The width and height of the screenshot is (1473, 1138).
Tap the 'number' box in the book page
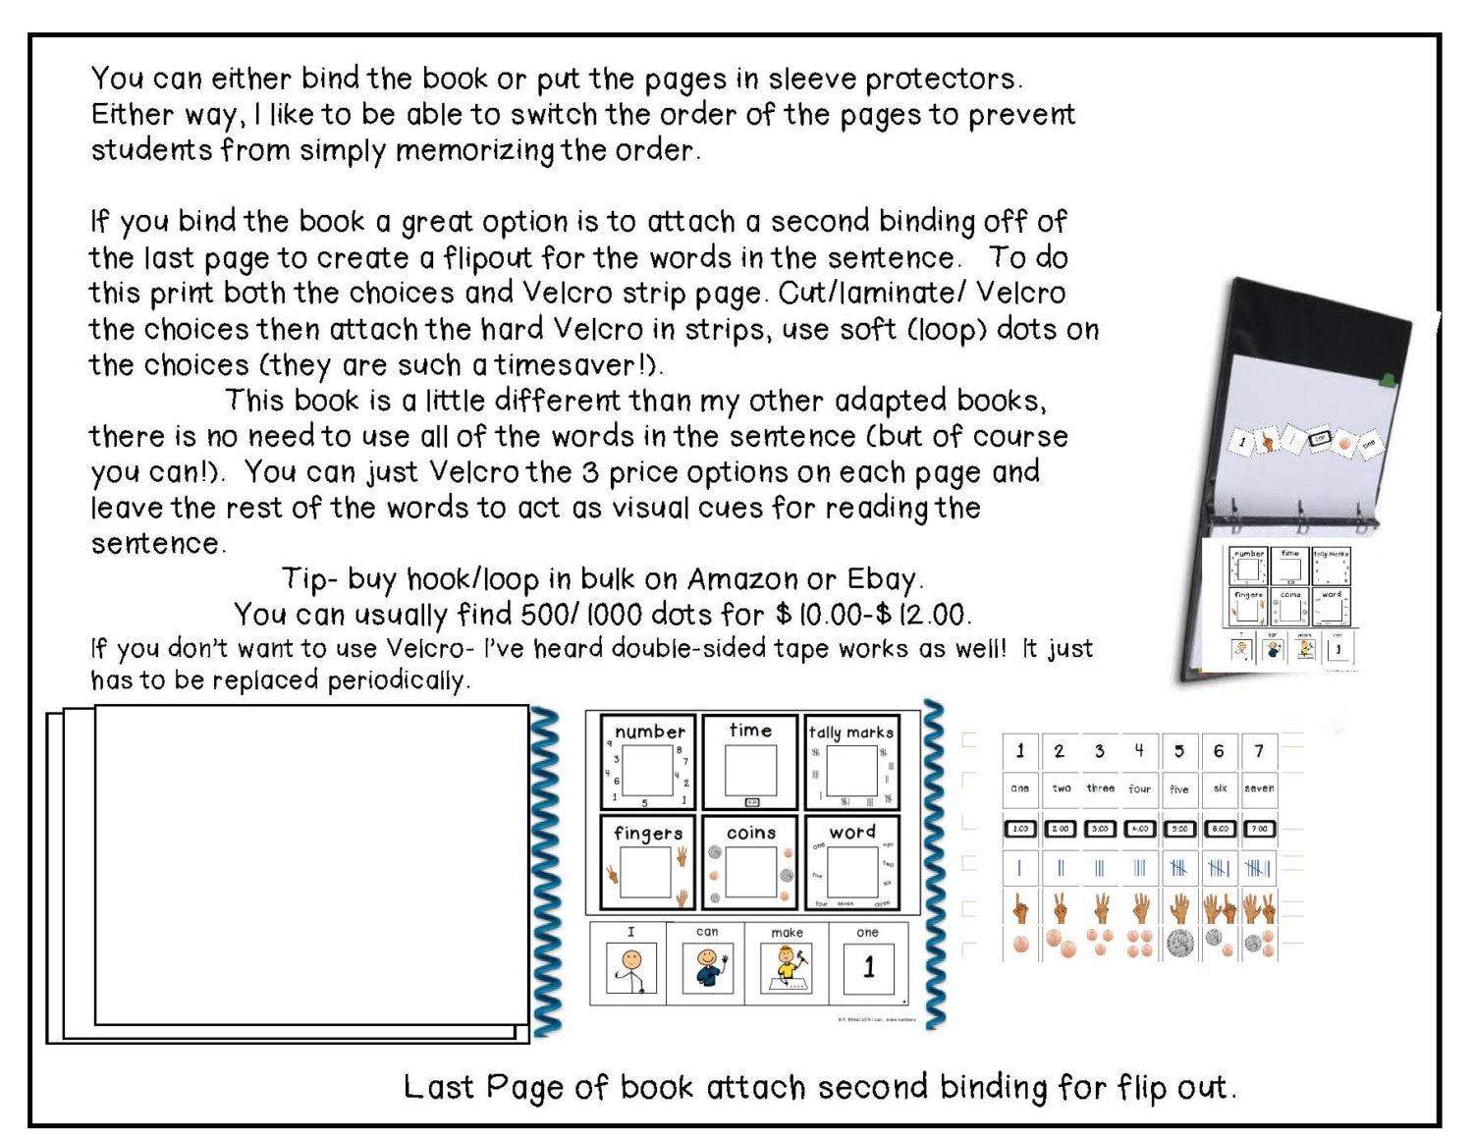(x=648, y=762)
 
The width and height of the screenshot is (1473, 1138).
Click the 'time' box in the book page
(x=750, y=762)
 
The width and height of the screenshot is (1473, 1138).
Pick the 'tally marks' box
(x=850, y=762)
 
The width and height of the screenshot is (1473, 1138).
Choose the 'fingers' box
(x=648, y=862)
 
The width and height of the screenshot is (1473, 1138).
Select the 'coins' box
(x=750, y=862)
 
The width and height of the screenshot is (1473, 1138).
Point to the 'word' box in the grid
(x=850, y=862)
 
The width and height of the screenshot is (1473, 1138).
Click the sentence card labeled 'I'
(x=628, y=963)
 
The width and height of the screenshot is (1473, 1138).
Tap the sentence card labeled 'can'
(x=706, y=963)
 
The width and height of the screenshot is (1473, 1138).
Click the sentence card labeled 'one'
(x=868, y=963)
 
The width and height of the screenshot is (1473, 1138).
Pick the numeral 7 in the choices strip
(x=1259, y=751)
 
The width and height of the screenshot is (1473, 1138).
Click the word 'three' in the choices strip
(x=1100, y=788)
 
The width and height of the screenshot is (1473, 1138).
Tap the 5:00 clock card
(x=1179, y=829)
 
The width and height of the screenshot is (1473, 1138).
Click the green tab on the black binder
(x=1388, y=378)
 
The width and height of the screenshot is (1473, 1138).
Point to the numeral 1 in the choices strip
(x=1020, y=751)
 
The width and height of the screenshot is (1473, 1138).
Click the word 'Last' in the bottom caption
(x=439, y=1087)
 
